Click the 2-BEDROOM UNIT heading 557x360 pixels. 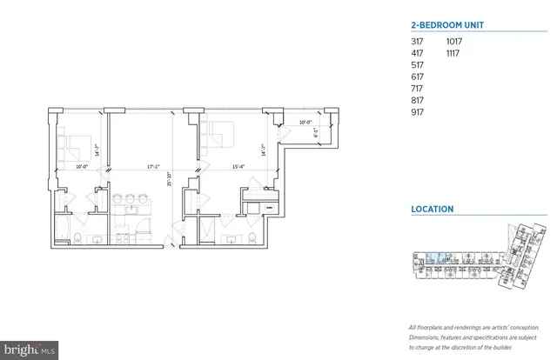(447, 26)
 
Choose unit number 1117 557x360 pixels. (454, 53)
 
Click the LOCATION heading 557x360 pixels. (433, 209)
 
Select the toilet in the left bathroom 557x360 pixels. (79, 237)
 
